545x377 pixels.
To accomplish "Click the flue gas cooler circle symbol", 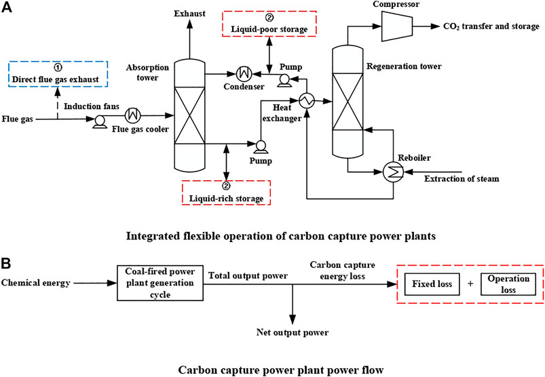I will click(134, 113).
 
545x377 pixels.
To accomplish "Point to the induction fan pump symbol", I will click(100, 120).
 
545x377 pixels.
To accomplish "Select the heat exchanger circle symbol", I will click(305, 101).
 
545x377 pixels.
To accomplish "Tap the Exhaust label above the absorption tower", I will click(189, 14).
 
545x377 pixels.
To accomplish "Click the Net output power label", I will click(293, 332).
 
